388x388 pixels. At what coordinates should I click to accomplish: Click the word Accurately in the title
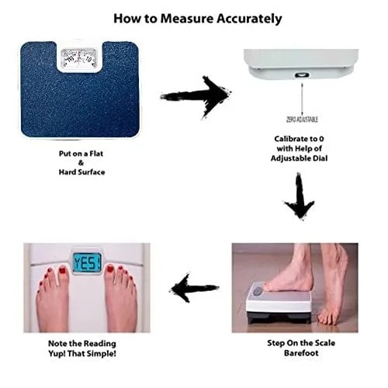coord(249,19)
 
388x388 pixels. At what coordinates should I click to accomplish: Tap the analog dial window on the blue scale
coord(79,59)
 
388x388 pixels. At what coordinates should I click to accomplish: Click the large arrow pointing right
coord(196,97)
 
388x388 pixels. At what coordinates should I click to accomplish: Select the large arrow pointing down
coord(300,196)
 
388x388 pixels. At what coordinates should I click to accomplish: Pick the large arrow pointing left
coord(194,288)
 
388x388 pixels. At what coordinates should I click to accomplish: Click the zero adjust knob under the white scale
coord(302,75)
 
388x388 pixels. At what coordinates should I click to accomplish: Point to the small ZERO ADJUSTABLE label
coord(302,120)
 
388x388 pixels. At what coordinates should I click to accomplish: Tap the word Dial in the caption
coord(320,158)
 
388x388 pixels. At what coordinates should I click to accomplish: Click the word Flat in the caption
coord(96,154)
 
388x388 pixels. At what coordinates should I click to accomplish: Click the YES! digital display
coord(87,262)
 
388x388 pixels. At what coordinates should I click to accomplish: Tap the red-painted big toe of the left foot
coord(63,271)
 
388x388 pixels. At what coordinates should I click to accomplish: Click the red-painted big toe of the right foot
coord(110,269)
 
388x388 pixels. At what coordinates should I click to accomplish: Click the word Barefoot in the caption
coord(301,353)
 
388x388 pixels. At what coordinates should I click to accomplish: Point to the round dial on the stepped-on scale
coord(258,292)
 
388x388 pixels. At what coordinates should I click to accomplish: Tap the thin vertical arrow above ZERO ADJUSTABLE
coord(302,99)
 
